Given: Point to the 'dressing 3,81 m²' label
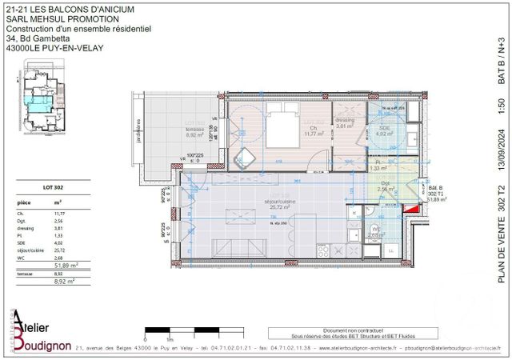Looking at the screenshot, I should click(345, 124).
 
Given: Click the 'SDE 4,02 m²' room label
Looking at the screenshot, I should click(384, 132).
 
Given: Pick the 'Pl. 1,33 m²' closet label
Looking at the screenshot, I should click(376, 166).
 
